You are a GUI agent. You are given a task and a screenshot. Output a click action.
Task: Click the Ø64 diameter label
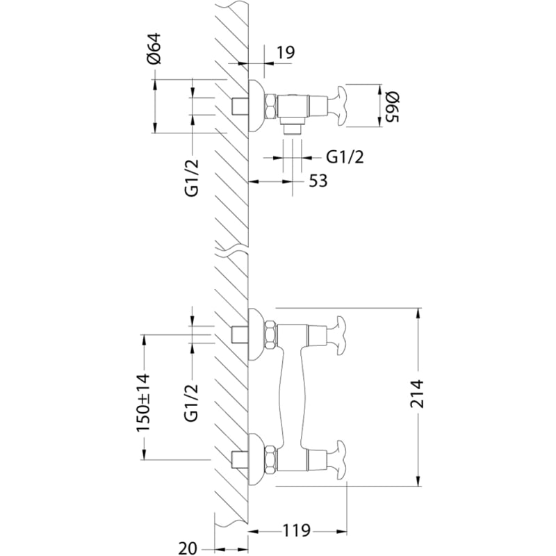pyautogui.click(x=155, y=49)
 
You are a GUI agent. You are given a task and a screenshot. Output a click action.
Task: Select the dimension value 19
pyautogui.click(x=286, y=53)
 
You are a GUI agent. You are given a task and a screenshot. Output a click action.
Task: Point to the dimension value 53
pyautogui.click(x=318, y=181)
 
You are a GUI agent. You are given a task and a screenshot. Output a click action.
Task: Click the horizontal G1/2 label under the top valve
pyautogui.click(x=345, y=157)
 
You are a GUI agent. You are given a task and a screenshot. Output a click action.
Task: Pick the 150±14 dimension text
pyautogui.click(x=144, y=403)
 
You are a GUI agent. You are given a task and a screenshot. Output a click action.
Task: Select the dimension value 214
pyautogui.click(x=417, y=393)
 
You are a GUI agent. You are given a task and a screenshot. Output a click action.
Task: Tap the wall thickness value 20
pyautogui.click(x=187, y=548)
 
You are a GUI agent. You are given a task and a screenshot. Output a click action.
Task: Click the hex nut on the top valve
pyautogui.click(x=271, y=106)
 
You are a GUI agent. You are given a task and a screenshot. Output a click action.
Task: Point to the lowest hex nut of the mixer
pyautogui.click(x=271, y=461)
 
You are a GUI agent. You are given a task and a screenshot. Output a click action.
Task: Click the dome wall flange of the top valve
pyautogui.click(x=256, y=106)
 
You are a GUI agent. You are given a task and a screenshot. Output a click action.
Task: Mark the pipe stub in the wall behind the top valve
pyautogui.click(x=239, y=106)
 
